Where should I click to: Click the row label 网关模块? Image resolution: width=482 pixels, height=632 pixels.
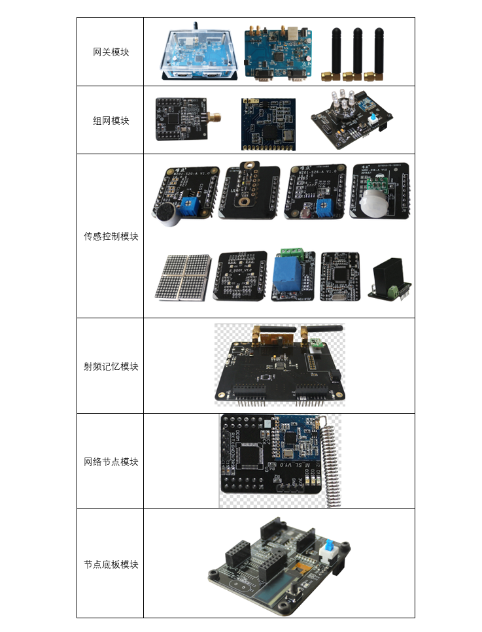[111, 52]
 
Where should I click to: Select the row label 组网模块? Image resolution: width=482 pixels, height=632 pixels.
[111, 120]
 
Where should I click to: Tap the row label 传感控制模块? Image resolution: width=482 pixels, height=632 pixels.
[111, 236]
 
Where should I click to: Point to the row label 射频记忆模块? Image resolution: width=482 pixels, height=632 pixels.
[111, 366]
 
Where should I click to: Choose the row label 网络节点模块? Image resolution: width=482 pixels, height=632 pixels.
[111, 461]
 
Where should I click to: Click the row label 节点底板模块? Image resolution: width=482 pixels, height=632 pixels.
[111, 564]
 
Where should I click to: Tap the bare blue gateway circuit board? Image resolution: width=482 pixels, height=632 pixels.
[278, 54]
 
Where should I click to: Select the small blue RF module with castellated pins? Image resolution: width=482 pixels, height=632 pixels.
[268, 122]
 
